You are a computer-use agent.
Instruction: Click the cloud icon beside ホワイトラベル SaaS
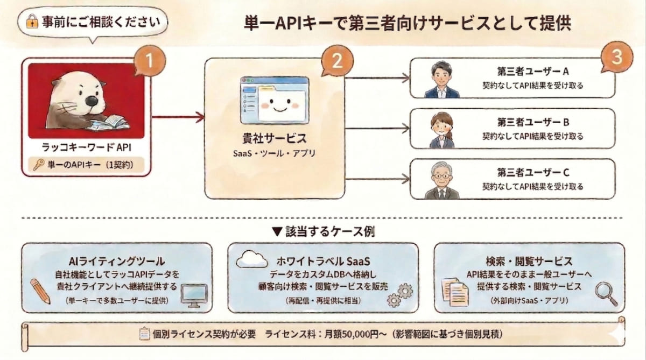[x=251, y=259]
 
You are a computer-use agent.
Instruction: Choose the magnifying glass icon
[x=605, y=292]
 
